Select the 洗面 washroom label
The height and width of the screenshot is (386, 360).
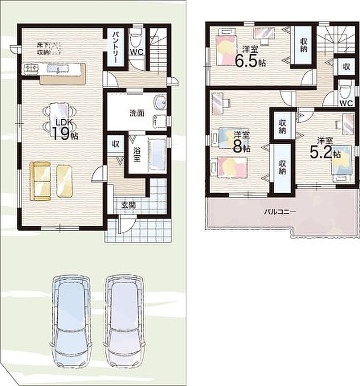pos(137,113)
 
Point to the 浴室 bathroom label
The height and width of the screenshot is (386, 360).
pos(137,154)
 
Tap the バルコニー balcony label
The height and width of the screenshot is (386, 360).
pos(280,212)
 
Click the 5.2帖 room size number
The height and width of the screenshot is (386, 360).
pos(325,152)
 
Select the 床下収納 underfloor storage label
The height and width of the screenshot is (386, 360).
pos(48,49)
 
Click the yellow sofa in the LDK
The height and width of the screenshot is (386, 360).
pos(41,181)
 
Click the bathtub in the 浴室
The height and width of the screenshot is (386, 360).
pos(157,155)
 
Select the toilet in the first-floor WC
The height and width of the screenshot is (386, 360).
pos(136,40)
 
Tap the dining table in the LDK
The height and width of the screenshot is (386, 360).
pos(59,118)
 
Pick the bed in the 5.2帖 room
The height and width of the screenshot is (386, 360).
pos(342,163)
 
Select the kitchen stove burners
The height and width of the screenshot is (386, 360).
pos(31,68)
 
